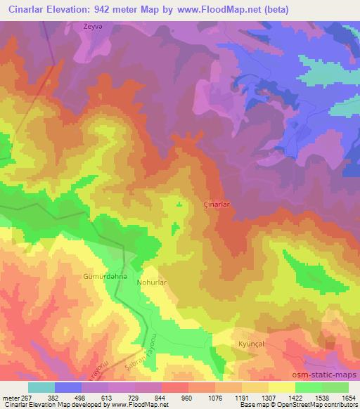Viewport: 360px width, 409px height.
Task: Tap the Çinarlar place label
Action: [x=218, y=200]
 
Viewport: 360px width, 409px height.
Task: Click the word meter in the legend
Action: [x=11, y=397]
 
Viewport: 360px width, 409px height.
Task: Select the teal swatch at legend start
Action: [x=41, y=387]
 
